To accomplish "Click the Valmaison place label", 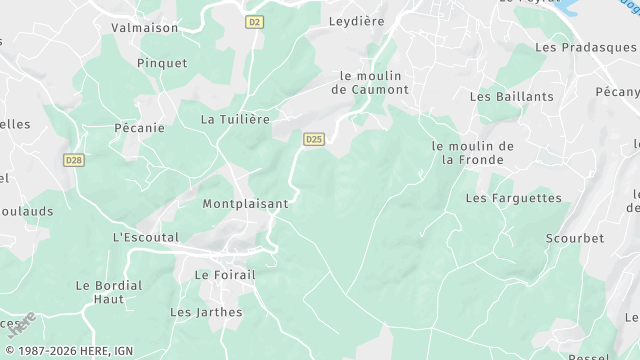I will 145,28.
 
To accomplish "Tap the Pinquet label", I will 163,62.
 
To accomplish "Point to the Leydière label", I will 358,19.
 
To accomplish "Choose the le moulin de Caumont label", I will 375,82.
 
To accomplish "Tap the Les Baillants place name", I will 511,96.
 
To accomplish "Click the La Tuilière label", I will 236,118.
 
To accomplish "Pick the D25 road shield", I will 314,140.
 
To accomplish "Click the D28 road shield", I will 73,160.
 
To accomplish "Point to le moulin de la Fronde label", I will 472,152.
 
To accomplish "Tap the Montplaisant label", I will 245,203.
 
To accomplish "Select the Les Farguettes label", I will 513,198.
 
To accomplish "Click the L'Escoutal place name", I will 146,237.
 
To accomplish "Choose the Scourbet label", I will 575,238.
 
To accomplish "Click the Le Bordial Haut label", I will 109,292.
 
